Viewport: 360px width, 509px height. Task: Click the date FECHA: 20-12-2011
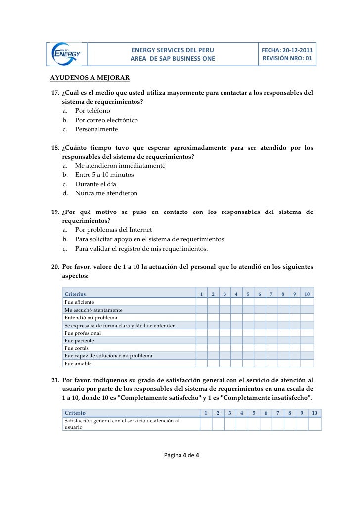pyautogui.click(x=287, y=50)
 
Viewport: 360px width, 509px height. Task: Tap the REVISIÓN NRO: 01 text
pyautogui.click(x=287, y=59)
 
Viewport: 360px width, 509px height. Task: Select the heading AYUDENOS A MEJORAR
pyautogui.click(x=90, y=78)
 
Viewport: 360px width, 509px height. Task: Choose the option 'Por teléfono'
pyautogui.click(x=92, y=111)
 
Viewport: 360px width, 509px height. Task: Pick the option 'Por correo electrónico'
pyautogui.click(x=106, y=120)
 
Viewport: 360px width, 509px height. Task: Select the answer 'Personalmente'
pyautogui.click(x=96, y=129)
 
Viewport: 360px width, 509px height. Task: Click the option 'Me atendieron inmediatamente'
pyautogui.click(x=120, y=166)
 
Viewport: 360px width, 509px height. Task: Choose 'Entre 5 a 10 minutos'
pyautogui.click(x=104, y=175)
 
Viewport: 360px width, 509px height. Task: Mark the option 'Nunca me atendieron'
pyautogui.click(x=106, y=193)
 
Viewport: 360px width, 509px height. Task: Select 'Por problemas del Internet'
pyautogui.click(x=113, y=230)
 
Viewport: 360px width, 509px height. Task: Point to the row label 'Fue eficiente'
pyautogui.click(x=80, y=302)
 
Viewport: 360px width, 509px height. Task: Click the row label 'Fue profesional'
pyautogui.click(x=83, y=333)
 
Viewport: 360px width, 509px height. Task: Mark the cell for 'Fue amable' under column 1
pyautogui.click(x=201, y=364)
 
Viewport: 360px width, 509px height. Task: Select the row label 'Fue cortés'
pyautogui.click(x=77, y=348)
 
